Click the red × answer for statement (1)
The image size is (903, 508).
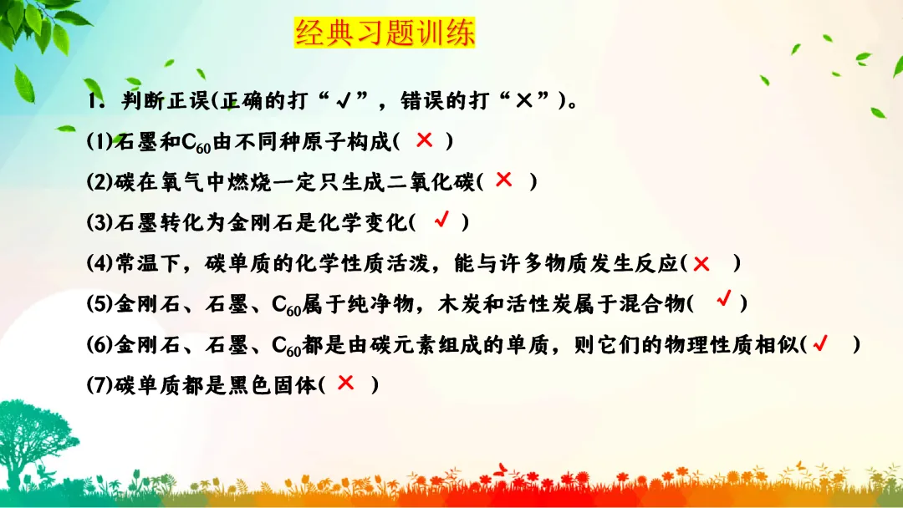point(424,140)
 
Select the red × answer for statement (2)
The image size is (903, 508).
point(503,179)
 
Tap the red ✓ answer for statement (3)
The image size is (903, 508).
point(441,220)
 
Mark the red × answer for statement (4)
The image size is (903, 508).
point(701,263)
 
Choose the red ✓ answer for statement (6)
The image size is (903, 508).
point(820,343)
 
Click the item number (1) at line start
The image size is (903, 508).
point(99,142)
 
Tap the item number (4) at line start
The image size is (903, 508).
point(99,264)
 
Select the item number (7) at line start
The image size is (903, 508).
point(99,386)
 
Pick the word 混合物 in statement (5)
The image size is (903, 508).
point(650,305)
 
